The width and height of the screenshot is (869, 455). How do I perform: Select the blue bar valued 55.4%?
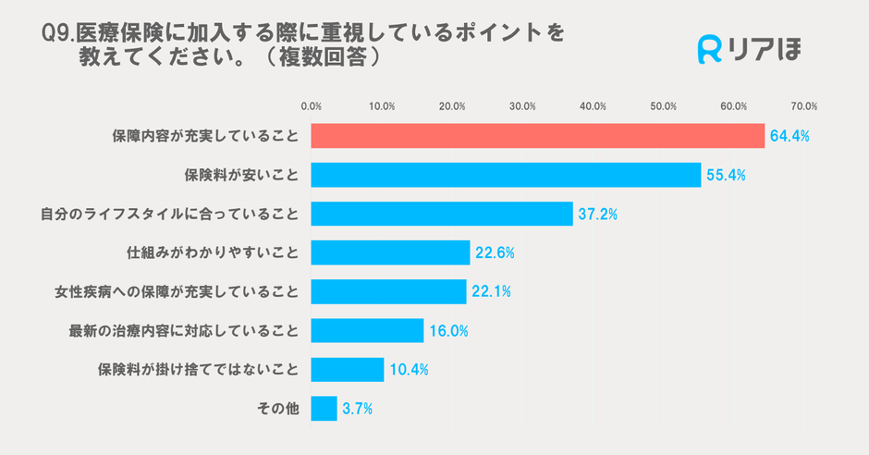pos(506,175)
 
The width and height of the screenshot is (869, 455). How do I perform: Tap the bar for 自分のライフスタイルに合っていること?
pos(442,214)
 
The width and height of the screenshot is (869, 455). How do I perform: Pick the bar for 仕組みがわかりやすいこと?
pos(390,252)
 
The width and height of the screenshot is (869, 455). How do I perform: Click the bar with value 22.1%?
pos(388,291)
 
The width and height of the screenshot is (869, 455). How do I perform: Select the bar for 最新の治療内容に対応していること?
pos(367,330)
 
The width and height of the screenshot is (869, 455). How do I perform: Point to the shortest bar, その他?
pos(324,408)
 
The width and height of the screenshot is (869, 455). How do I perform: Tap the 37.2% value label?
pos(598,215)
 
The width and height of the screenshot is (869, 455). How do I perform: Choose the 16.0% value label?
pos(448,331)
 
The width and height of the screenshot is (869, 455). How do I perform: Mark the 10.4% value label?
pos(409,370)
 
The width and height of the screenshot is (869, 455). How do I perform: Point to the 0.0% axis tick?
pos(312,106)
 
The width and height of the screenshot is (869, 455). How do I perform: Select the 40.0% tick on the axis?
pos(593,106)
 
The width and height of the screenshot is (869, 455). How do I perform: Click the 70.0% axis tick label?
pos(803,106)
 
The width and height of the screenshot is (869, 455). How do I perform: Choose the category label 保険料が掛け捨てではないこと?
pos(198,369)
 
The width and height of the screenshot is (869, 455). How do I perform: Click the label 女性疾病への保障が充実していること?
pos(177,291)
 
